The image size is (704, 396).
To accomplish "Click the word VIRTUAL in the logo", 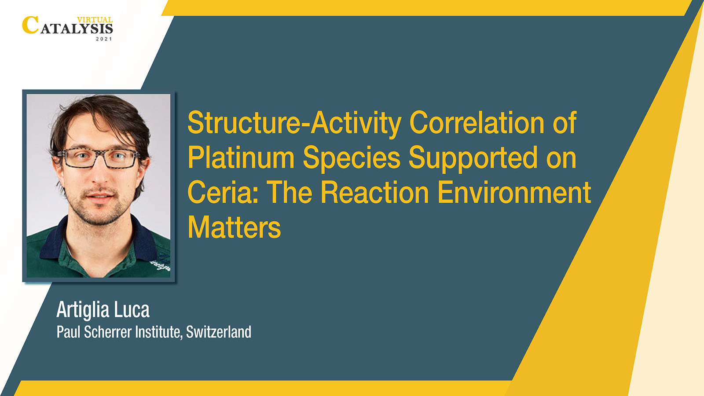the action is [x=95, y=20].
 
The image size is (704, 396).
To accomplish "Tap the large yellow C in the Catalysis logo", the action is [x=30, y=25].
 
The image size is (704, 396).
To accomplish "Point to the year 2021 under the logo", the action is [x=104, y=39].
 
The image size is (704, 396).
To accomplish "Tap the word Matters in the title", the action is [x=234, y=227].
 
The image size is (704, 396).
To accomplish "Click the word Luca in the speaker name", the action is [x=132, y=310].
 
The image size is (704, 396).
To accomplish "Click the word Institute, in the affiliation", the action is [x=159, y=333].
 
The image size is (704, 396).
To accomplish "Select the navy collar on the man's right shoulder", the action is [x=52, y=239].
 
